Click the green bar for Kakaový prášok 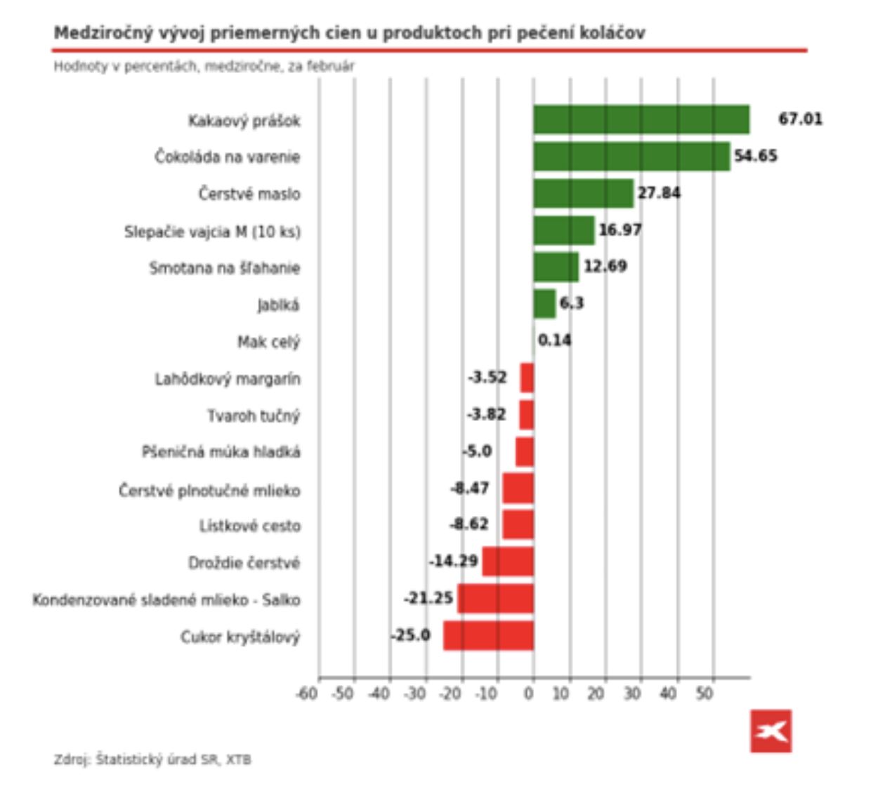[x=641, y=120]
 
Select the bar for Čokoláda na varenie [x=631, y=157]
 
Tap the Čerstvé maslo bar [x=583, y=194]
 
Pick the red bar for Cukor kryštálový [x=488, y=636]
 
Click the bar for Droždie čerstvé [x=508, y=562]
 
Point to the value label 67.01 [x=800, y=119]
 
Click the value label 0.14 [x=554, y=341]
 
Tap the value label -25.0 [x=411, y=635]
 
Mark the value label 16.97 [x=620, y=230]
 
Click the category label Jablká [x=278, y=305]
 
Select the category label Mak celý [x=268, y=343]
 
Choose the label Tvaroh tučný [x=253, y=416]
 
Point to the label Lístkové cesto [x=249, y=526]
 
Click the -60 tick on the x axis [x=307, y=694]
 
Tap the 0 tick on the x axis [x=529, y=694]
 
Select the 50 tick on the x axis [x=705, y=694]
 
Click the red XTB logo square [x=771, y=731]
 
